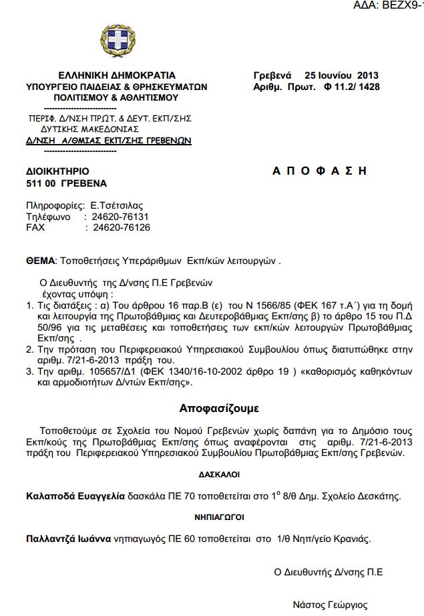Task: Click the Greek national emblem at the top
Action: pyautogui.click(x=116, y=42)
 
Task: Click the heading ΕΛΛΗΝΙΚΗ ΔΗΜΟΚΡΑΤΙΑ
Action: pyautogui.click(x=116, y=76)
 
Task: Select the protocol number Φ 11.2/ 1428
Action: pyautogui.click(x=351, y=87)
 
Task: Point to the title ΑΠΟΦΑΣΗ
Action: pyautogui.click(x=320, y=171)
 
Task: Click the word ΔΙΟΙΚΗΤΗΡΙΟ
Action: pyautogui.click(x=57, y=171)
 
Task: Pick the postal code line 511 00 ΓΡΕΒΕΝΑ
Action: pyautogui.click(x=65, y=183)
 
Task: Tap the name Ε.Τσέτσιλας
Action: pyautogui.click(x=119, y=206)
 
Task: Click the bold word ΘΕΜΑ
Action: pyautogui.click(x=39, y=261)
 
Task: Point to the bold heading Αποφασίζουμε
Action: pyautogui.click(x=219, y=407)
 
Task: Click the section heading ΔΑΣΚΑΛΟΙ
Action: pyautogui.click(x=219, y=475)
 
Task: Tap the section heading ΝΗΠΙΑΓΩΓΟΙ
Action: pyautogui.click(x=219, y=516)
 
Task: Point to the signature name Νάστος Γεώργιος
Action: pyautogui.click(x=330, y=605)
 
